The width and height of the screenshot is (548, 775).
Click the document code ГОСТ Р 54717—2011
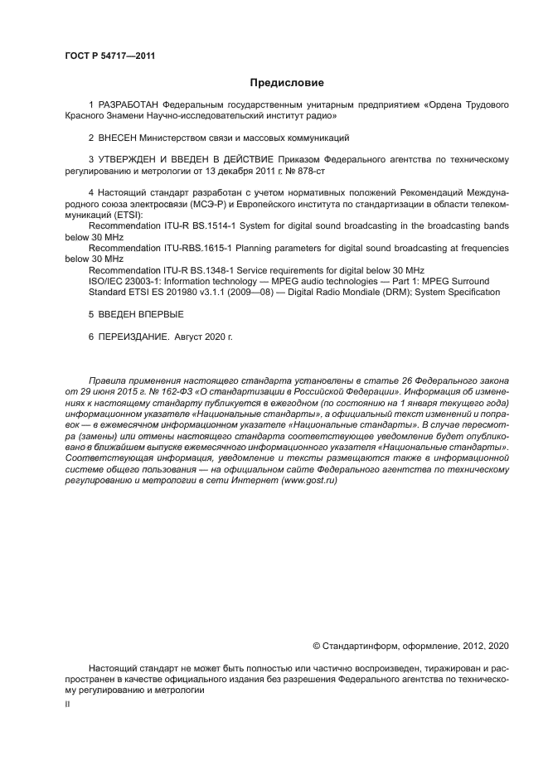pos(109,56)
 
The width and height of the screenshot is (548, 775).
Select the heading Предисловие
pos(287,83)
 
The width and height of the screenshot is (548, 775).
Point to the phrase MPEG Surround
pos(456,281)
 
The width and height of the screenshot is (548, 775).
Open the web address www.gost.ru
pos(307,480)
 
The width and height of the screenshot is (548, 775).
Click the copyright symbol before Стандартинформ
pos(316,645)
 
